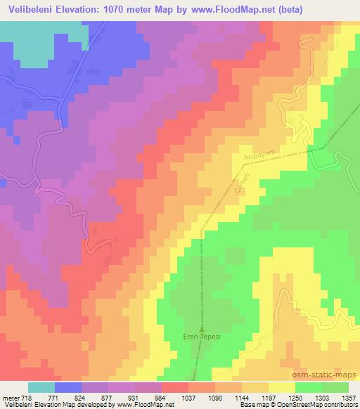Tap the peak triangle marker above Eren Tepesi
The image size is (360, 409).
[201, 327]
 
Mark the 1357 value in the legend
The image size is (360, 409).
[349, 397]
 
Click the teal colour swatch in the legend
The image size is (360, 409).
[41, 387]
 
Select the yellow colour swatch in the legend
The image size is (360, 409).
[282, 387]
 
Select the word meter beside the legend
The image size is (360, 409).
[11, 397]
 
